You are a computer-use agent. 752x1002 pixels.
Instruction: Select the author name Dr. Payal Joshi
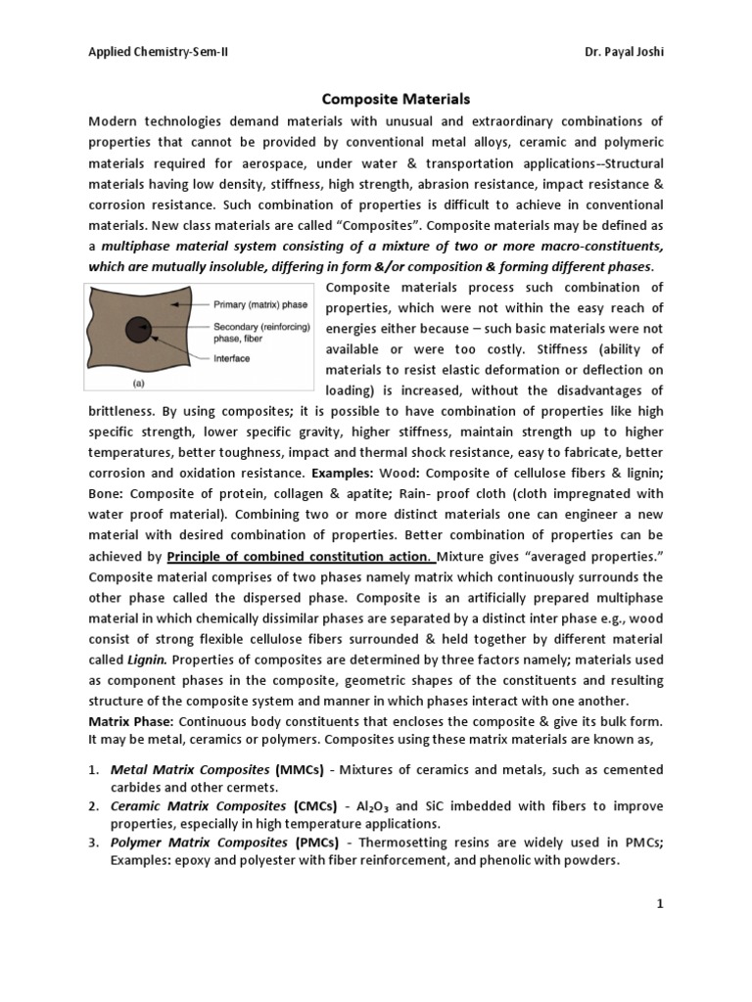pos(619,51)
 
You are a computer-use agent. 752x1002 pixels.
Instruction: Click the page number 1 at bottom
pos(660,905)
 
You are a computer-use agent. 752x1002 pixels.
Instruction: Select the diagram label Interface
pos(233,358)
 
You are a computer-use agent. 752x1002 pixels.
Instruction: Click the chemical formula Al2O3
pos(374,807)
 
